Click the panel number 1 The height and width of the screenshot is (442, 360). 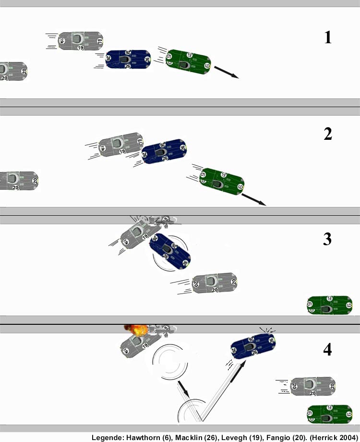tap(328, 37)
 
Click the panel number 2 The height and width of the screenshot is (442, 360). tap(328, 134)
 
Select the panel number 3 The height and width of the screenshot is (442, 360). tap(327, 239)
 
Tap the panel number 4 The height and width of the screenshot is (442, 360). tap(327, 350)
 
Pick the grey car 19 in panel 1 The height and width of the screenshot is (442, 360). tap(81, 41)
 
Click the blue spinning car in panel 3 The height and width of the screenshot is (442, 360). tap(170, 251)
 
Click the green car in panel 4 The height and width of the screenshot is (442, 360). tap(330, 414)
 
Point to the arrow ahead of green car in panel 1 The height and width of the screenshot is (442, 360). tap(226, 72)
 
